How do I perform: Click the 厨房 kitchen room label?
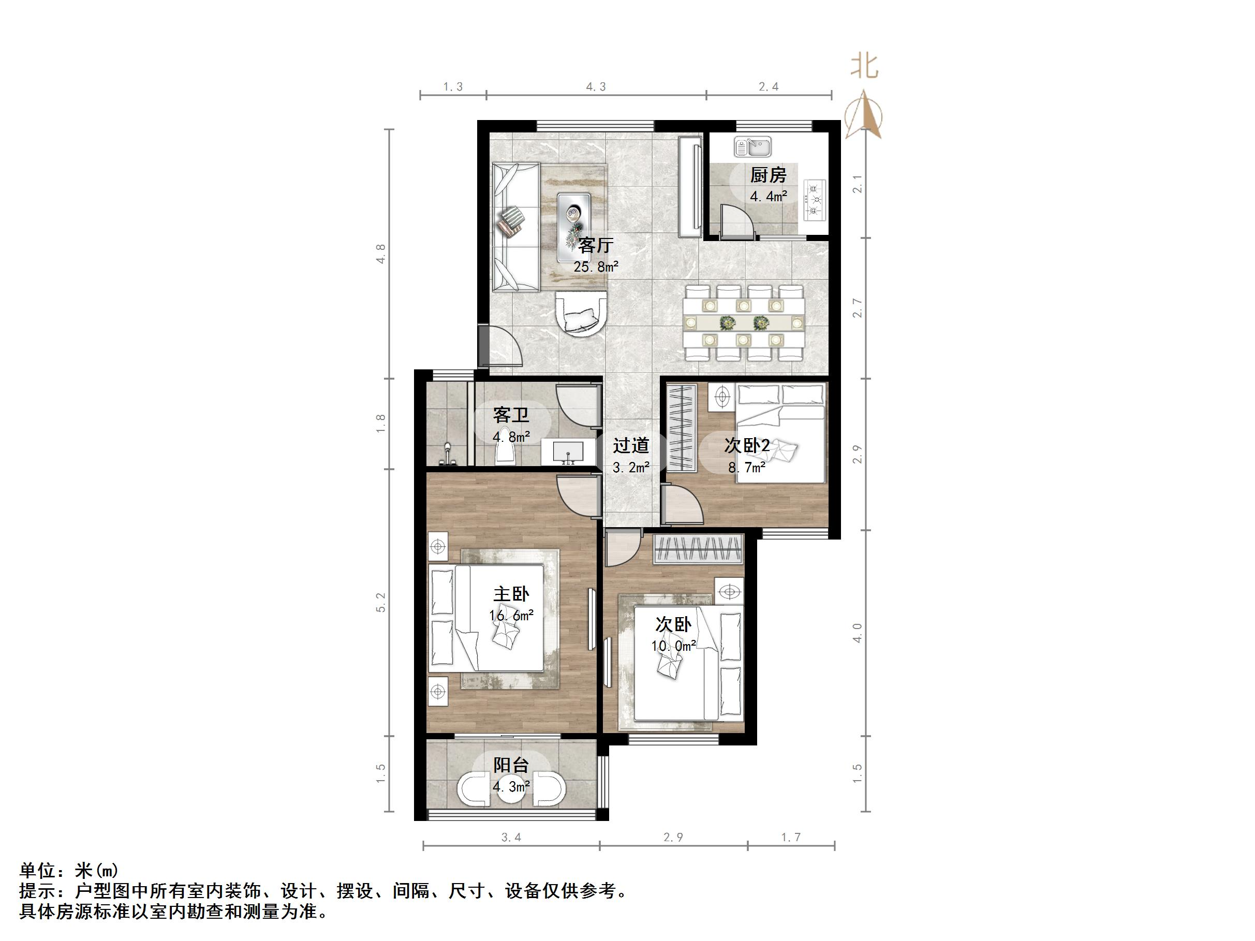click(768, 175)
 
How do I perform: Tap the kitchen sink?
click(752, 147)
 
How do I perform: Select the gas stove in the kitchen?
click(815, 200)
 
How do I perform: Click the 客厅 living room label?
click(595, 246)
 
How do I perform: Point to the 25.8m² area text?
click(595, 266)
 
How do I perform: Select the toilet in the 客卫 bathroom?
click(506, 454)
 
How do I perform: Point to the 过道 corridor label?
click(630, 446)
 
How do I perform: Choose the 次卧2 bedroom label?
click(747, 446)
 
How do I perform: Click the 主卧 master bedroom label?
click(511, 594)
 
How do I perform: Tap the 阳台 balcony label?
click(511, 766)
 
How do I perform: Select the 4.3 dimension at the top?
click(596, 87)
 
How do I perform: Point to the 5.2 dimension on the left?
click(381, 602)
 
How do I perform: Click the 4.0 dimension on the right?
click(857, 633)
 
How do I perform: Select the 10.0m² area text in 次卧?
click(673, 646)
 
